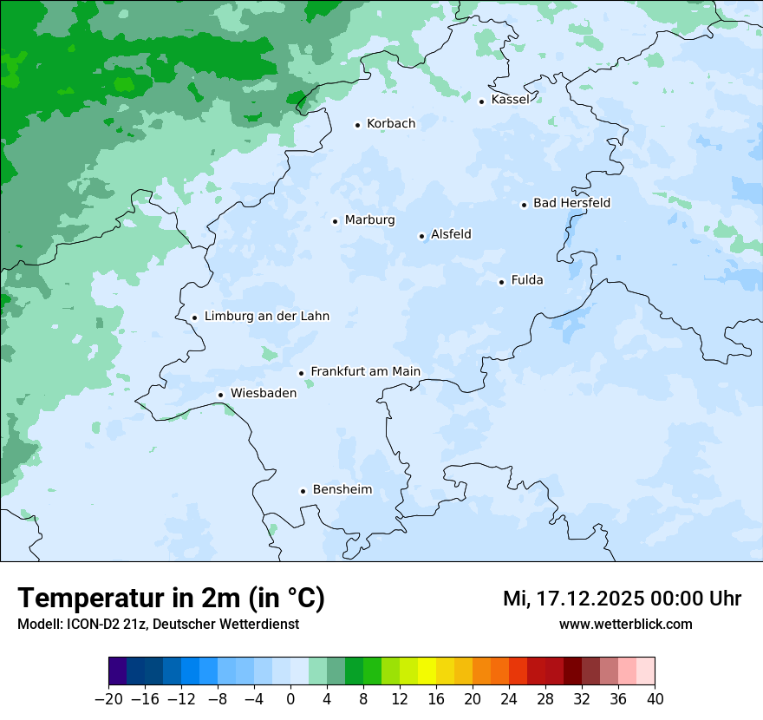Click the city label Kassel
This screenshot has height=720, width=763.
tap(510, 100)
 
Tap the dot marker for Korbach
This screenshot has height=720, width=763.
tap(357, 125)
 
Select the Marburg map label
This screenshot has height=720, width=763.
tap(369, 220)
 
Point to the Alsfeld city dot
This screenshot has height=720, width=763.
tap(421, 236)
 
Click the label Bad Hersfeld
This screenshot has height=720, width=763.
tap(571, 203)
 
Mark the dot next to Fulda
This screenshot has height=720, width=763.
tap(501, 282)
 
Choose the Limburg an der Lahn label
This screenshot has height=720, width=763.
tap(266, 317)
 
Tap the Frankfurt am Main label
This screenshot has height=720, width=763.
tap(365, 371)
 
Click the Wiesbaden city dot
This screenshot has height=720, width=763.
tap(220, 395)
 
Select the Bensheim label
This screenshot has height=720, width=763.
tap(342, 489)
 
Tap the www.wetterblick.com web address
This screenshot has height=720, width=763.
tap(625, 625)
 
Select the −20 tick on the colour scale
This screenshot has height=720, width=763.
tap(109, 699)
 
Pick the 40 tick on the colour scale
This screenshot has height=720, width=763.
tap(655, 699)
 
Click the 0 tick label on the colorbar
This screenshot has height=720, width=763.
tap(290, 699)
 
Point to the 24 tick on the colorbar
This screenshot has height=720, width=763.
tap(509, 699)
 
